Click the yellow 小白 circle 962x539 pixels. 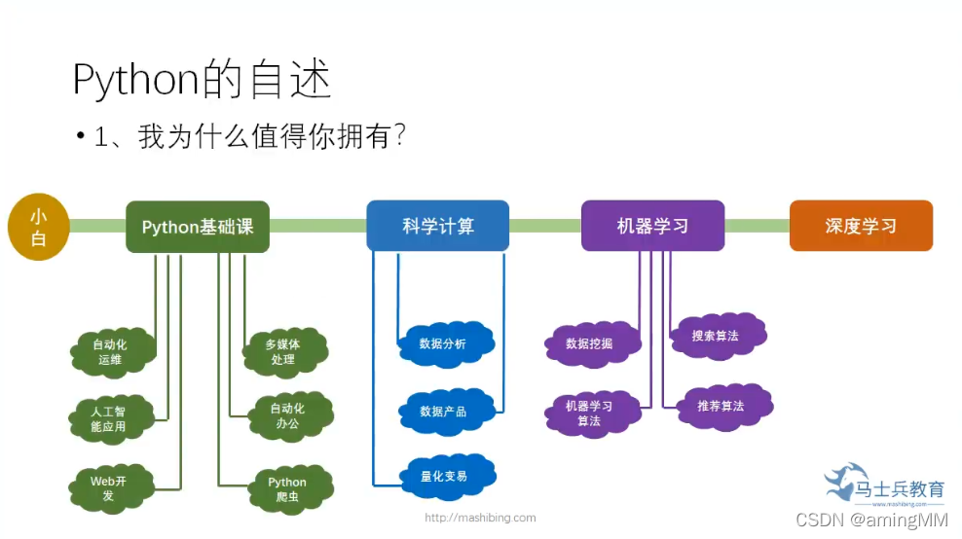[x=38, y=227]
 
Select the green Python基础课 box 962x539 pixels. [x=198, y=227]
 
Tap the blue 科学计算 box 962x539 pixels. [x=438, y=226]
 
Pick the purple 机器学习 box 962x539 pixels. [x=652, y=226]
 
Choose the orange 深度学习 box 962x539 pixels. [x=861, y=226]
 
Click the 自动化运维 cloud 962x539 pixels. [x=110, y=351]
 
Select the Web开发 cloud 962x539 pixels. [x=108, y=487]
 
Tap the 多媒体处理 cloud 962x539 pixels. [x=283, y=351]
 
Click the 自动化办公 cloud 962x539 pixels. [x=287, y=415]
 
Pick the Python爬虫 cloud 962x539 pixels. [x=287, y=488]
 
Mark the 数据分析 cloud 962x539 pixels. [x=443, y=343]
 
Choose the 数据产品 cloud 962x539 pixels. [x=443, y=411]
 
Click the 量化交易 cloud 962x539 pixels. [x=443, y=476]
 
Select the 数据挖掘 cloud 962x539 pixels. [x=590, y=343]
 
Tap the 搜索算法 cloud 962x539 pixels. [x=716, y=336]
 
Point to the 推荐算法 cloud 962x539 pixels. [x=721, y=406]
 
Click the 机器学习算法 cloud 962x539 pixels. [x=589, y=413]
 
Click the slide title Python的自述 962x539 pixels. [x=203, y=81]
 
